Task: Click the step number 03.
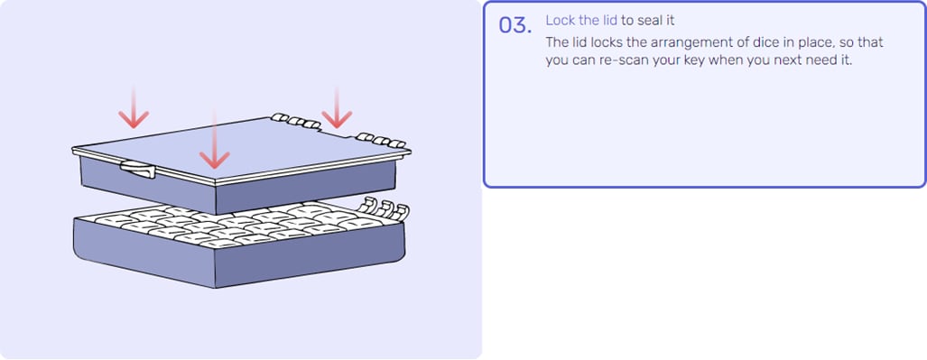coord(514,25)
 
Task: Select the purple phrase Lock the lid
coord(581,21)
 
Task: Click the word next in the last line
coord(793,60)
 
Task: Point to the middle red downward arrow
coord(214,139)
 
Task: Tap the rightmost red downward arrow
coord(337,107)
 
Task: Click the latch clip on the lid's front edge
coord(138,170)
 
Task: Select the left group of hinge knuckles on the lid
coord(296,121)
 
